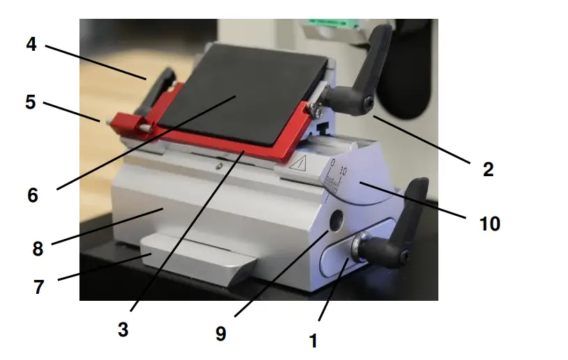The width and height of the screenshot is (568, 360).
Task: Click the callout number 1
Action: click(313, 341)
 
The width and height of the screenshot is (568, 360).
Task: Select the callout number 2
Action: click(488, 169)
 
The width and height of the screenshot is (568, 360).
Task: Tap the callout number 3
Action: click(123, 330)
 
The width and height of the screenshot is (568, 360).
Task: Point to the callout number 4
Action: click(31, 44)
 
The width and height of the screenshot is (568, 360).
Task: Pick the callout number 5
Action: click(30, 102)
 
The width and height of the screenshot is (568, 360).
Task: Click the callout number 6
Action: click(33, 196)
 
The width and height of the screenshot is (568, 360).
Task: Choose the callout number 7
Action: click(39, 286)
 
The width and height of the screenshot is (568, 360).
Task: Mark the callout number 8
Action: click(38, 249)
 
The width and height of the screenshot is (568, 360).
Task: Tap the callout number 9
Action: click(220, 334)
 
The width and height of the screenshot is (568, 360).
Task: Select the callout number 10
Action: click(490, 224)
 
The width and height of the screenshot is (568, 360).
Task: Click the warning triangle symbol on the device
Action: click(299, 165)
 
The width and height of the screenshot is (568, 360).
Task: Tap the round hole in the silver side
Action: click(337, 222)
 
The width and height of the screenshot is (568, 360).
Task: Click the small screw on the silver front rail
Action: click(219, 166)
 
